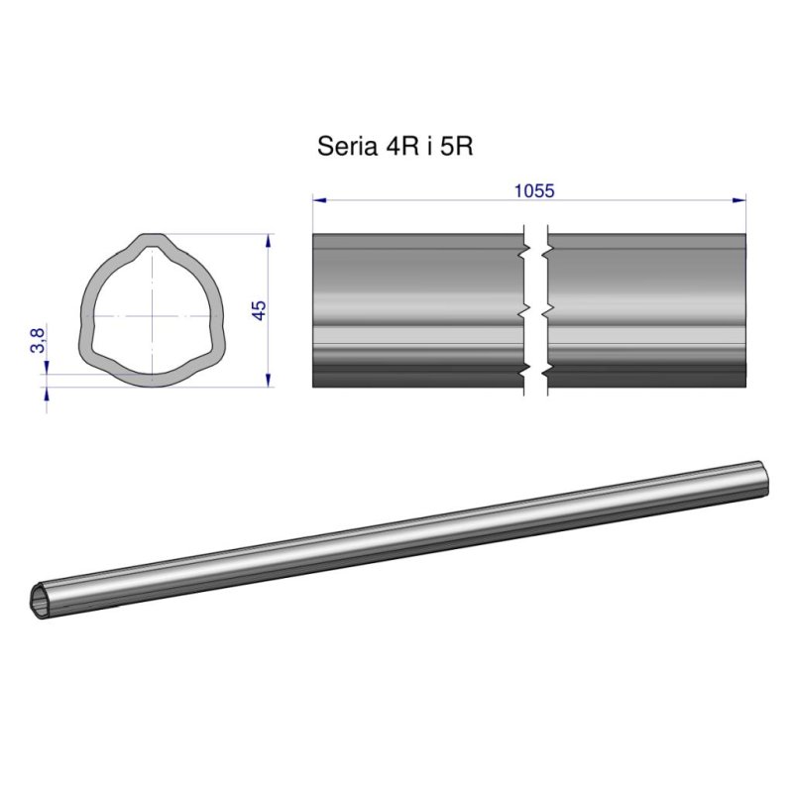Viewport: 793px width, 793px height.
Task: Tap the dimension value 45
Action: (x=259, y=309)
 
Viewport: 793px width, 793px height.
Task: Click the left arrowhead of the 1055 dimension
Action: (x=318, y=200)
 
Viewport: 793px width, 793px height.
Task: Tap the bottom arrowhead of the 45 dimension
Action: (x=270, y=381)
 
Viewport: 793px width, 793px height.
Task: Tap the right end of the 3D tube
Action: (x=763, y=478)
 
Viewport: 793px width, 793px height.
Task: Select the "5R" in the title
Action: (x=459, y=147)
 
